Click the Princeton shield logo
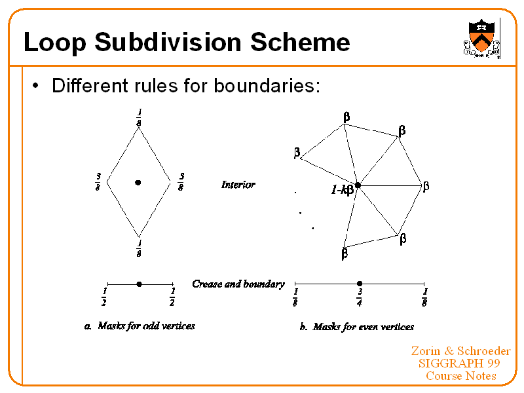483,38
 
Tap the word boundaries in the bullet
267,86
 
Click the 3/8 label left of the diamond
98,181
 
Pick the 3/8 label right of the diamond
181,181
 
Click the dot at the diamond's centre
138,182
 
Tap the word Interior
238,185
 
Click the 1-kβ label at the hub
342,190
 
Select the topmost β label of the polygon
346,117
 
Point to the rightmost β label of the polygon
426,187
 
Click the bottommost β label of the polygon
345,253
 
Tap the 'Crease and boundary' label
238,284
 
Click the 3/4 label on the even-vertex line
360,297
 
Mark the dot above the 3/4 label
360,284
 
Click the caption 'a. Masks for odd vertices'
140,326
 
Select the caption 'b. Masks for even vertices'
357,326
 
